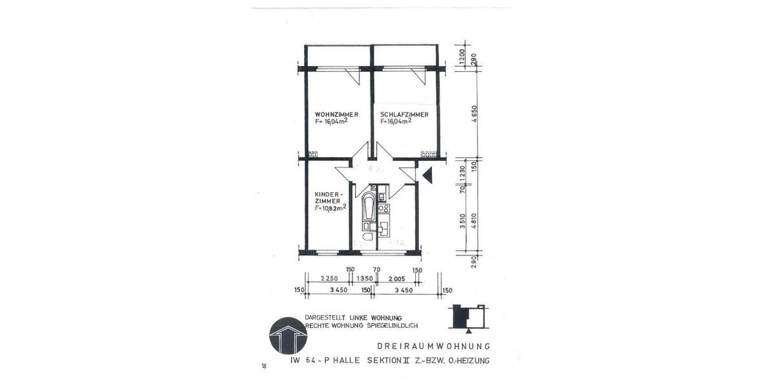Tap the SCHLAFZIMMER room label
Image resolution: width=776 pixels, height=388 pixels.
point(404,114)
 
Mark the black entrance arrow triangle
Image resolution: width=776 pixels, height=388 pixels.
point(427,174)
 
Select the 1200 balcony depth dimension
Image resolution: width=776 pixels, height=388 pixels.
point(462,57)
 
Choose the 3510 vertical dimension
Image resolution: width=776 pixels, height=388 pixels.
point(462,221)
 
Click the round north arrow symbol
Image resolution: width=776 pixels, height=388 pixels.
point(286,334)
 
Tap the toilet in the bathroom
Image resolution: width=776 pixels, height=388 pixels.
point(366,239)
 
